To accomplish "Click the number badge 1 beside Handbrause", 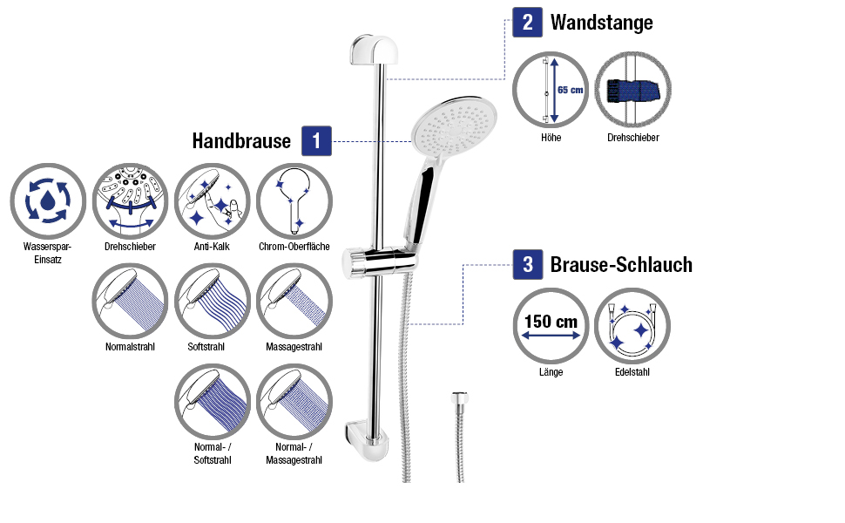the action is tap(317, 141).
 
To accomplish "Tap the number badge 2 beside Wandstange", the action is tap(528, 22).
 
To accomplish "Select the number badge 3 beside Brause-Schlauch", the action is tap(528, 263).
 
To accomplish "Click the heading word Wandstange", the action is tap(601, 23).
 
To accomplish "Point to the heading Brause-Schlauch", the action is tap(621, 264).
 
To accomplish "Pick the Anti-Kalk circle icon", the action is tap(213, 201).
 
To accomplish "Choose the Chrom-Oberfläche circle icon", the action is tap(294, 201).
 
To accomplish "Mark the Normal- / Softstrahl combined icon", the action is tap(213, 400).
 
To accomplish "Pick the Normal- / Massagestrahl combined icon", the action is tap(294, 400).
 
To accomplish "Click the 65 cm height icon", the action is tap(550, 90).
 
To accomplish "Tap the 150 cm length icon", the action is tap(550, 325).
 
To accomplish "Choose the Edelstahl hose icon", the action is tap(632, 325).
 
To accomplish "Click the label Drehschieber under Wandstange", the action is tap(632, 138).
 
